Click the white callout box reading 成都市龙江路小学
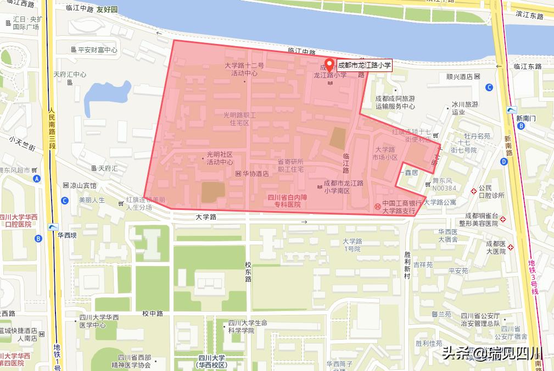click(364, 65)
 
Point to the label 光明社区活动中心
click(220, 158)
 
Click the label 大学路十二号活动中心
click(244, 69)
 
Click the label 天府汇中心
click(70, 74)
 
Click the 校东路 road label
click(248, 272)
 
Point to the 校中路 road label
click(153, 314)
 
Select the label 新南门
click(525, 118)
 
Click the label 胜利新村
click(407, 264)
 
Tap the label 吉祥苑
click(423, 264)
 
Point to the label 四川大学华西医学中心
click(99, 321)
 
